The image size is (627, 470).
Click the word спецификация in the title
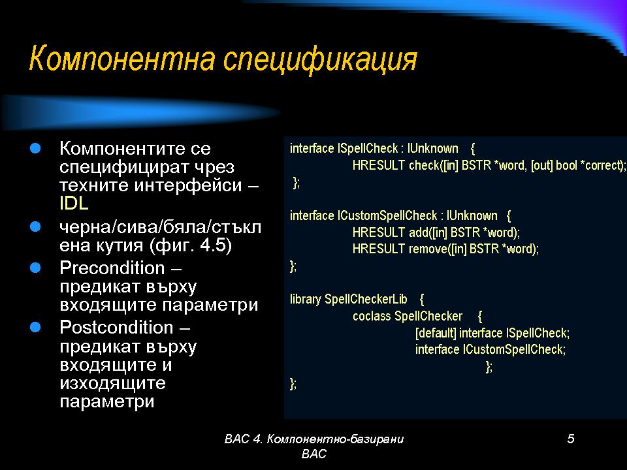click(320, 61)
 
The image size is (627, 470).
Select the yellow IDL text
click(74, 203)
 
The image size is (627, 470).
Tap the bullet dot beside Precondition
click(35, 268)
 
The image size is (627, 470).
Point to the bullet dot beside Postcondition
click(35, 327)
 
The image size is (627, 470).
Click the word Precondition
click(112, 268)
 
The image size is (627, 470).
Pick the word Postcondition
click(116, 327)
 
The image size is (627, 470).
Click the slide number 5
click(571, 439)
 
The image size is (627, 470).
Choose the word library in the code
click(306, 300)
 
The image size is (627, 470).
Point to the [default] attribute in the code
click(436, 333)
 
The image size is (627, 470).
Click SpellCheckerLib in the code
click(366, 300)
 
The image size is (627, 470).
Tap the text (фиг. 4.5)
click(191, 245)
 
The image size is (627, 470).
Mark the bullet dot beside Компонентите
click(35, 149)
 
